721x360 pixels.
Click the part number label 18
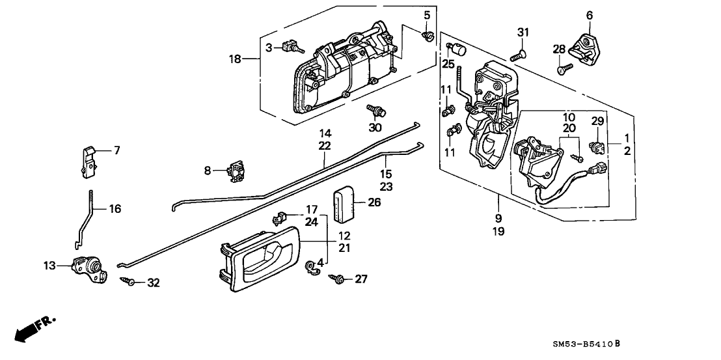pyautogui.click(x=235, y=59)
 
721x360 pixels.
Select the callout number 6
pyautogui.click(x=590, y=16)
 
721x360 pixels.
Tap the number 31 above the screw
pyautogui.click(x=524, y=33)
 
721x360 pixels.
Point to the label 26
pyautogui.click(x=374, y=202)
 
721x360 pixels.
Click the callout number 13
pyautogui.click(x=49, y=266)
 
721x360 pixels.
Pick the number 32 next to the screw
pyautogui.click(x=153, y=283)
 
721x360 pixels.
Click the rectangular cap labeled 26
pyautogui.click(x=345, y=203)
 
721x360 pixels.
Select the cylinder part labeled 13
pyautogui.click(x=88, y=268)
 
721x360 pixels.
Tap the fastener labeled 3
pyautogui.click(x=293, y=47)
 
